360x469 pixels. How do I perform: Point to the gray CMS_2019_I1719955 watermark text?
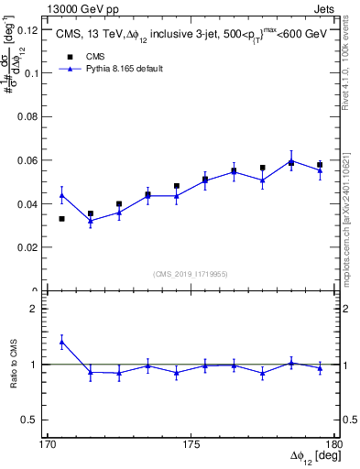click(190, 273)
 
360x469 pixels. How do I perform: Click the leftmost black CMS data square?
click(61, 219)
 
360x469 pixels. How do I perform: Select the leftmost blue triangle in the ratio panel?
click(61, 342)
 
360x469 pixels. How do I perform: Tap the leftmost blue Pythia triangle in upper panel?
click(61, 195)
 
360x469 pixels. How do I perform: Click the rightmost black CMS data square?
click(320, 165)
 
